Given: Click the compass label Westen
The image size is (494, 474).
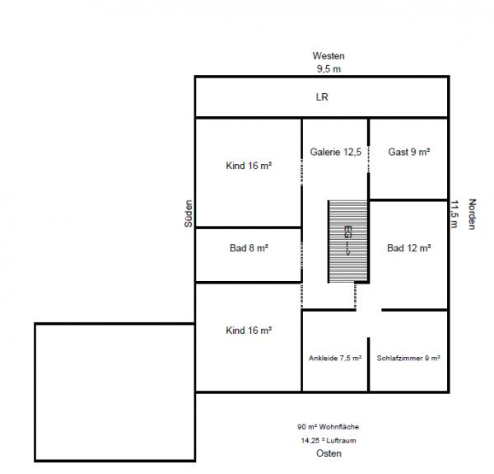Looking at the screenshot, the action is point(329,56).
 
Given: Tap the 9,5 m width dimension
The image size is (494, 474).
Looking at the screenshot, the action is point(329,68).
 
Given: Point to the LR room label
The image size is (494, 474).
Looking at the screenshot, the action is point(322,96).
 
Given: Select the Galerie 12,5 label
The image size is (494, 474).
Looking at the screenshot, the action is point(336,152).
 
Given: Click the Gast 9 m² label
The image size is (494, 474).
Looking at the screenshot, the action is point(409,152).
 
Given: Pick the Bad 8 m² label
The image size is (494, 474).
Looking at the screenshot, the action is point(249,248).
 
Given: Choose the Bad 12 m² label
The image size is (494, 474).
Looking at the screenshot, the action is point(409,248).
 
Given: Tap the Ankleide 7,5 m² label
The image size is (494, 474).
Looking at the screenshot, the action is point(335,359).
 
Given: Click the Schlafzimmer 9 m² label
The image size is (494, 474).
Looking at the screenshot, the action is point(408,359).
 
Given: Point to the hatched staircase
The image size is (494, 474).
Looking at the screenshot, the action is point(347,242).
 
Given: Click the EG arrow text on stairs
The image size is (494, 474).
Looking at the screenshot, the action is point(347,241).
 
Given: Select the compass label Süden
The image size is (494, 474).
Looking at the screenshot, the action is point(189,214).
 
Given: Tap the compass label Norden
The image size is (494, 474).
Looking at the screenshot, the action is point(472,214).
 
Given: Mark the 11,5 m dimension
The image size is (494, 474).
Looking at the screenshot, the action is point(454,214).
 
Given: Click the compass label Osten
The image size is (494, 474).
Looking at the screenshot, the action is point(329,453).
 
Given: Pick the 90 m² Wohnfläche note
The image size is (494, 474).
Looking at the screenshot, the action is point(328,427).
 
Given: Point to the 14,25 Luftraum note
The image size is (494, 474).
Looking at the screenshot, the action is point(329,440).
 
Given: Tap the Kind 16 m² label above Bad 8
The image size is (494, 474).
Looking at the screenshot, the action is point(249,166).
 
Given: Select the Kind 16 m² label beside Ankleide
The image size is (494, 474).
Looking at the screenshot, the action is point(249,331).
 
